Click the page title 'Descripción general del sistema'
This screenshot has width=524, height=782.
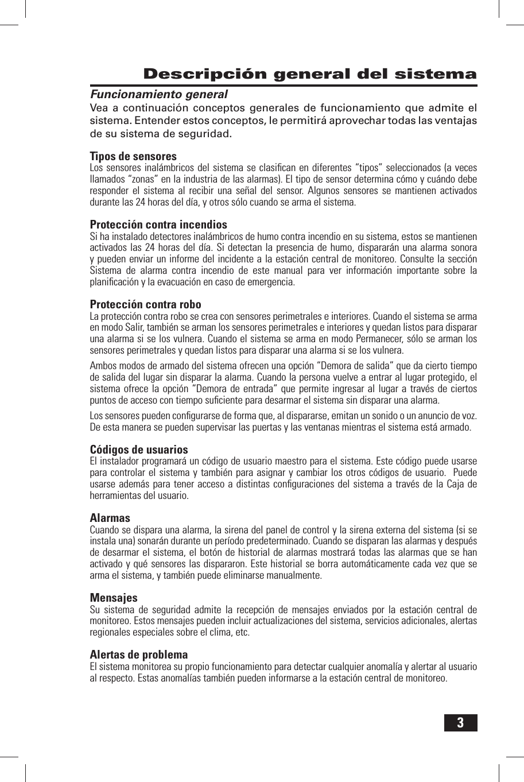click(310, 74)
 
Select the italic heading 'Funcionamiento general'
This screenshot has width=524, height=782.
click(159, 94)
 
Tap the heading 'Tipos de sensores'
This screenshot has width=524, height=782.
click(133, 156)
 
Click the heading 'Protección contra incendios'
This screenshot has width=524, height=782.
click(158, 224)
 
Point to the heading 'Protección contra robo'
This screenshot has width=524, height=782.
click(146, 304)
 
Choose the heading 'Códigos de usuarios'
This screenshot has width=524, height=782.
click(139, 450)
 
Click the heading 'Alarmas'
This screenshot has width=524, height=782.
click(110, 518)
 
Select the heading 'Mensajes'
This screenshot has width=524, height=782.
click(114, 598)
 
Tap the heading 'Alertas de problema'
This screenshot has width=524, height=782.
click(139, 655)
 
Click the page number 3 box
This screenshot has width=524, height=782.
click(461, 722)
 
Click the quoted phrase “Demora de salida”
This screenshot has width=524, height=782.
click(352, 366)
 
